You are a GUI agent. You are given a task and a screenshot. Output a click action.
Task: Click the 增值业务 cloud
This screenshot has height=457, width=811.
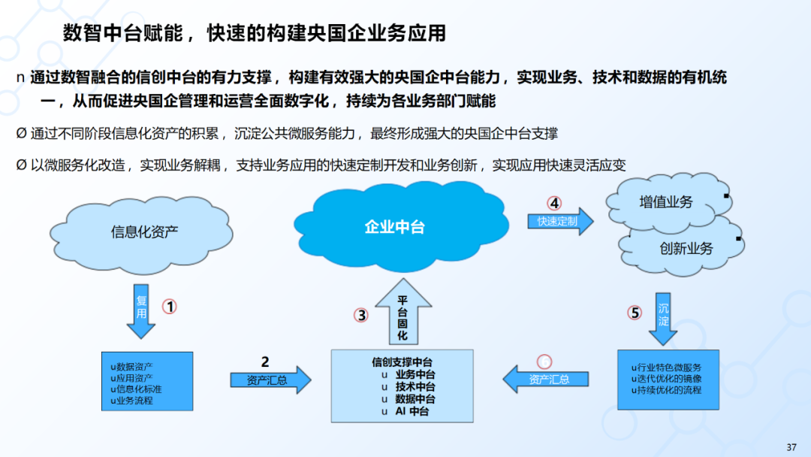(x=665, y=202)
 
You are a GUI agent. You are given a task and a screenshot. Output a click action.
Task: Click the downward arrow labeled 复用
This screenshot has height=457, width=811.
(x=141, y=310)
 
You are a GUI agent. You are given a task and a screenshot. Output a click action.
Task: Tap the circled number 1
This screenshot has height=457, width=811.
(x=170, y=307)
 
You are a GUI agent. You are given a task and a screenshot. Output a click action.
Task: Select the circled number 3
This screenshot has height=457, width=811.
(x=362, y=316)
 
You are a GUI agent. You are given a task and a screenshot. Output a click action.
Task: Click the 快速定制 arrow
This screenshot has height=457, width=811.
(x=559, y=221)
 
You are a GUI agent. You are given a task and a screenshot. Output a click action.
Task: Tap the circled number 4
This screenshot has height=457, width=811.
(x=553, y=203)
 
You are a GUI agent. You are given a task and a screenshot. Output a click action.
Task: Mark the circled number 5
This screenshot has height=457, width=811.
(x=635, y=313)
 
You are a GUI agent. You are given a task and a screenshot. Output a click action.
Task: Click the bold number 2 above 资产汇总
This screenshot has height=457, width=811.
(x=264, y=362)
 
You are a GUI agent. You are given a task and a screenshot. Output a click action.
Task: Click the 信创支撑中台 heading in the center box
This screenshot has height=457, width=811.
(x=402, y=362)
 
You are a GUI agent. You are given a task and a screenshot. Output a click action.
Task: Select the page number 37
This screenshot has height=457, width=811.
(x=791, y=447)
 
